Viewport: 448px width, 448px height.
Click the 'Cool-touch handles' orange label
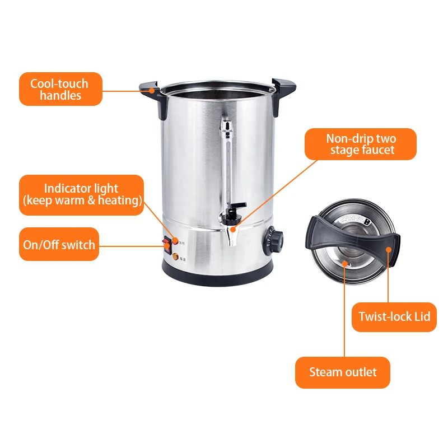pyautogui.click(x=60, y=89)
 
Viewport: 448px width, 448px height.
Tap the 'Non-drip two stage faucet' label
pyautogui.click(x=361, y=144)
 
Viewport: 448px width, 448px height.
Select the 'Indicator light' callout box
pyautogui.click(x=82, y=195)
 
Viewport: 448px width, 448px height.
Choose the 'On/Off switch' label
pyautogui.click(x=59, y=244)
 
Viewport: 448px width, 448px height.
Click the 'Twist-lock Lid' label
pyautogui.click(x=394, y=316)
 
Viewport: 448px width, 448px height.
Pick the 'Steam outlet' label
pyautogui.click(x=342, y=372)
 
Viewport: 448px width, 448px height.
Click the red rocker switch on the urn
pyautogui.click(x=166, y=244)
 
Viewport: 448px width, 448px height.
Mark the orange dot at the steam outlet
pyautogui.click(x=345, y=261)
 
